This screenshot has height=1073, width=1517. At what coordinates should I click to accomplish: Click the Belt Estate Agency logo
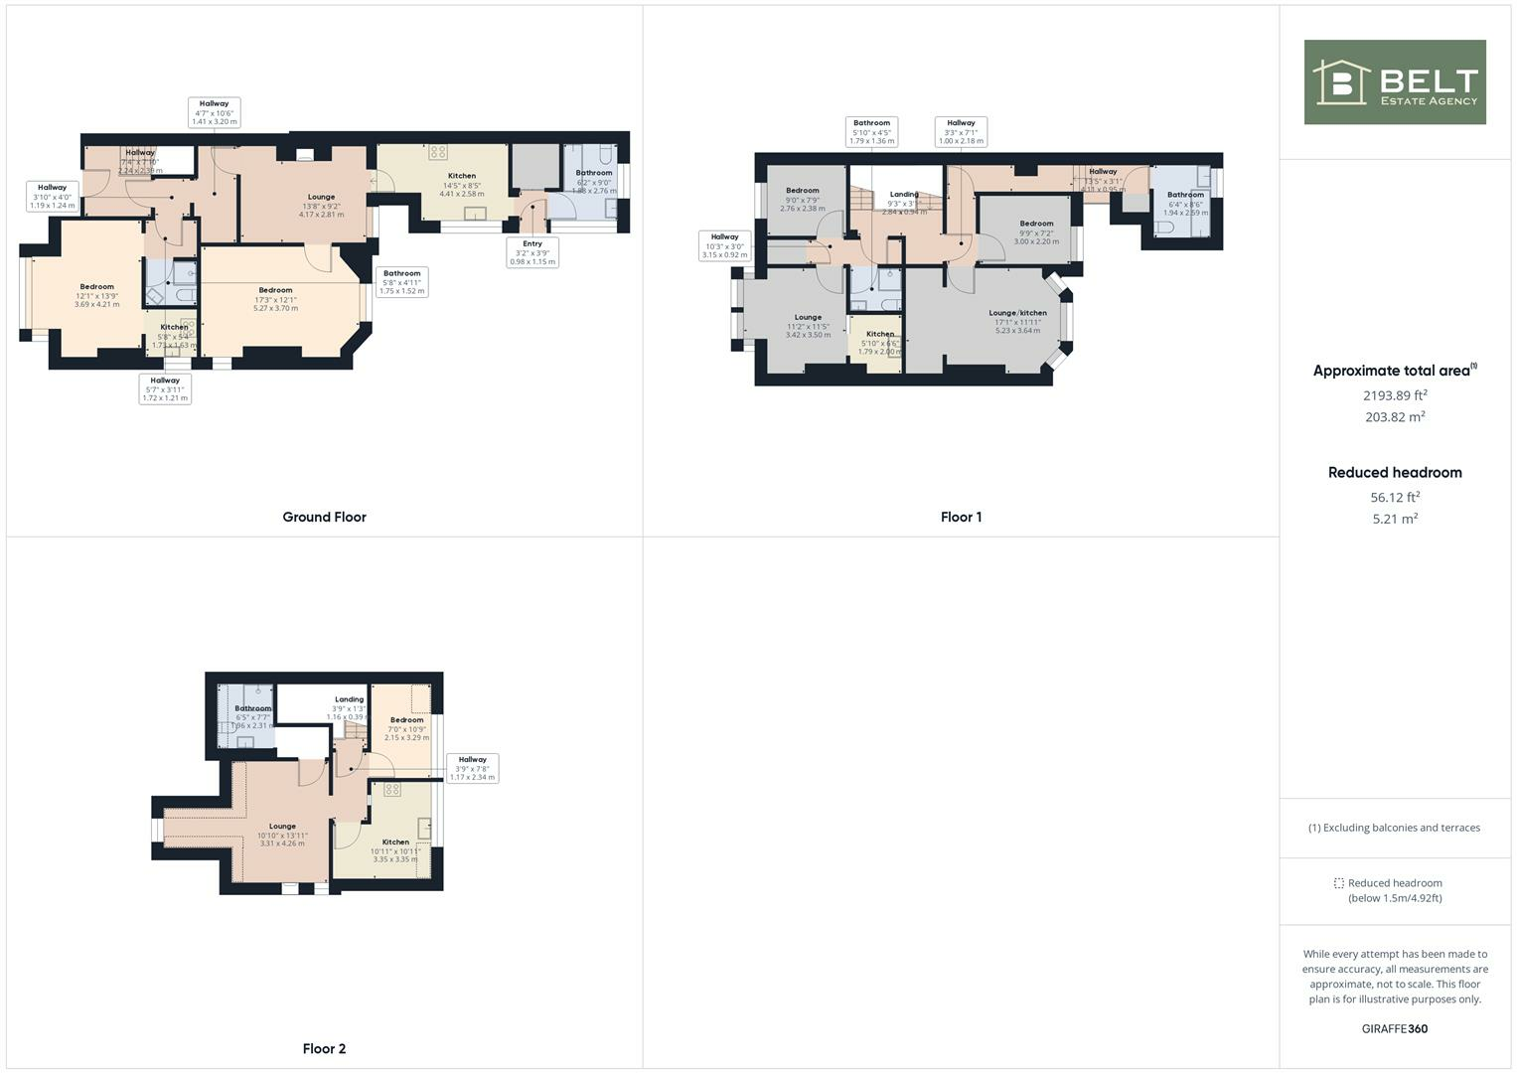1394,82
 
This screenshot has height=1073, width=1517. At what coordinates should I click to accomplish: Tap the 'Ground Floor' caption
324,518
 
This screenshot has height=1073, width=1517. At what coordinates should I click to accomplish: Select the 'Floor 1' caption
961,518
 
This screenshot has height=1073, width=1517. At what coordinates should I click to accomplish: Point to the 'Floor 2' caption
324,1049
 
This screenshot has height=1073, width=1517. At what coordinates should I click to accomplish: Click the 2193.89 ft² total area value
1394,395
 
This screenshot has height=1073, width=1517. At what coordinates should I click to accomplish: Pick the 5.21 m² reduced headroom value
1394,519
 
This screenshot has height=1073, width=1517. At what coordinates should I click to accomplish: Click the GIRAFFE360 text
1394,1029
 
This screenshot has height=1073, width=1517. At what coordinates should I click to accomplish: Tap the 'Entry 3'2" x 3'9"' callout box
532,252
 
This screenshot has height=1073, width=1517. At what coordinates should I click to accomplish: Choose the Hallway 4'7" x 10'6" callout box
214,112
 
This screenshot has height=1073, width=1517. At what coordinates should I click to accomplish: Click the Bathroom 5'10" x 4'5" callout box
871,132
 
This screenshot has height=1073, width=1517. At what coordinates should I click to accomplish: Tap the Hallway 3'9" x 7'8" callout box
472,768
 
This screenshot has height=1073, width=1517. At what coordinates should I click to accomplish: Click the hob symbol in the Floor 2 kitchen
392,790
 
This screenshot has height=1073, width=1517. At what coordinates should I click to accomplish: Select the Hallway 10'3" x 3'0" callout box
724,245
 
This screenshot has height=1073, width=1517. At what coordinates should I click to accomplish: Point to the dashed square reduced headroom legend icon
1338,883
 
